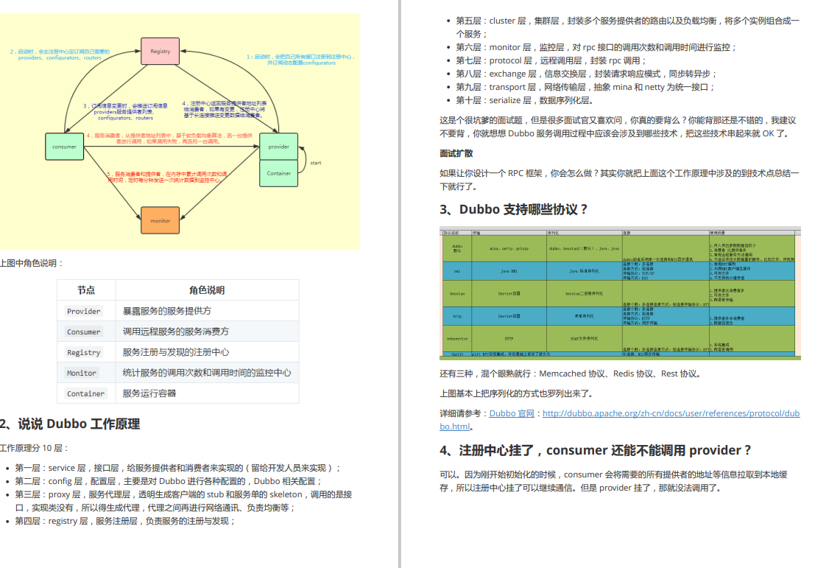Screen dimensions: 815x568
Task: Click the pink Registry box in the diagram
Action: [x=160, y=51]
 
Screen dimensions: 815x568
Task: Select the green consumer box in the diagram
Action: [x=64, y=147]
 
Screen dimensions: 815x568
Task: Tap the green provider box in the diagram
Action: [x=278, y=147]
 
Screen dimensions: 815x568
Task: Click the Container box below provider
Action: [x=278, y=173]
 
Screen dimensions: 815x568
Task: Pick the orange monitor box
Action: [x=160, y=220]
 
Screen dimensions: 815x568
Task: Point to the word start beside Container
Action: [x=315, y=162]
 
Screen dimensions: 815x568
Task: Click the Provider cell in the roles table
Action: [x=84, y=311]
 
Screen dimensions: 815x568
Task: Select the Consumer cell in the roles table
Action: [x=84, y=332]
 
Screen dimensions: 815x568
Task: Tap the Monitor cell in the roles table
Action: [x=82, y=373]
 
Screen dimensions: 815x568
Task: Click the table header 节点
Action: [x=86, y=290]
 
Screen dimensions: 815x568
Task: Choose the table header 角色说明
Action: [x=207, y=290]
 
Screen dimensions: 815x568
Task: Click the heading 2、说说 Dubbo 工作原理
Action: [x=70, y=424]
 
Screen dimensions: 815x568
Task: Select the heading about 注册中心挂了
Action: [x=596, y=450]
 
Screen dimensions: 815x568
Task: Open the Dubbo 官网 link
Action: [x=512, y=413]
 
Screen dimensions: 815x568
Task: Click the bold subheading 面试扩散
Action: [x=456, y=153]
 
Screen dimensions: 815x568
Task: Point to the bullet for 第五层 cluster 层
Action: [x=626, y=21]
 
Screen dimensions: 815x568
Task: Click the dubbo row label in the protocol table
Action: [x=456, y=248]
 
